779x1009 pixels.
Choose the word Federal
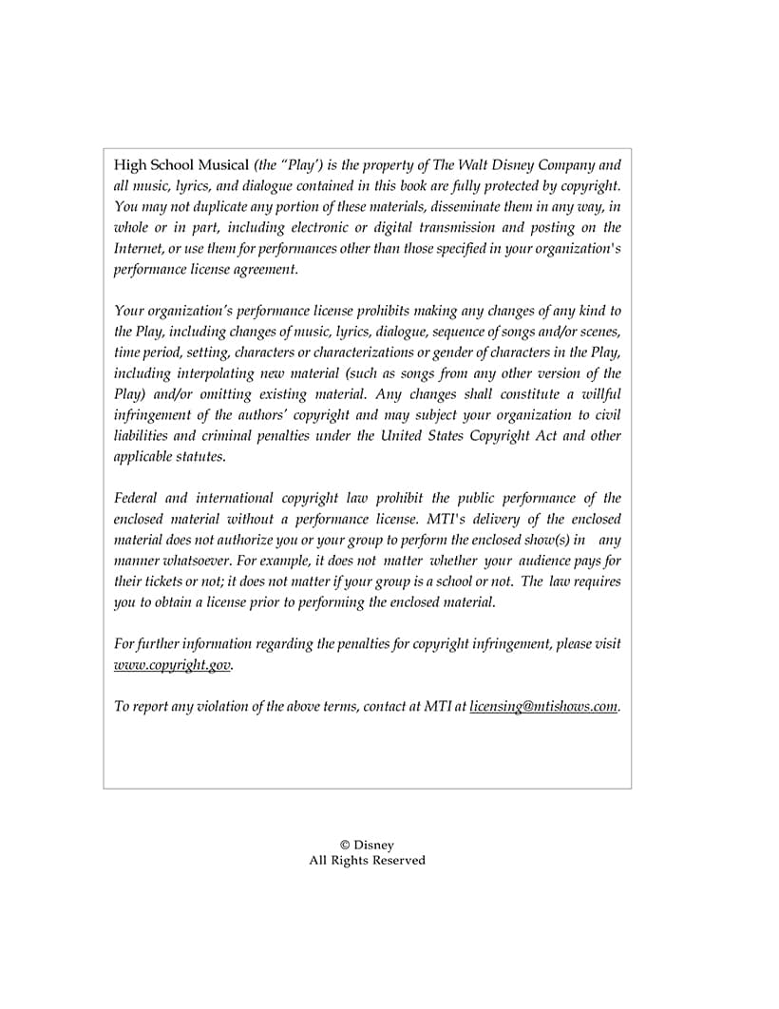[x=138, y=498]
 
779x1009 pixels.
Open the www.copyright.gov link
[x=172, y=665]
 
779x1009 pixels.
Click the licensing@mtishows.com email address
[x=543, y=706]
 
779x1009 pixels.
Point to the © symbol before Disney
[x=345, y=846]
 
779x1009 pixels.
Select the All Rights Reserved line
[x=367, y=861]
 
